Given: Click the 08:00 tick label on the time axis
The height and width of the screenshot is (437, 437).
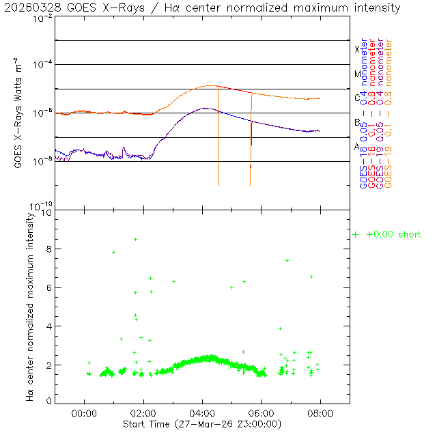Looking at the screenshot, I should coord(320,413).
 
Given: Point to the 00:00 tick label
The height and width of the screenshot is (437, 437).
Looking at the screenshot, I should coord(83,413).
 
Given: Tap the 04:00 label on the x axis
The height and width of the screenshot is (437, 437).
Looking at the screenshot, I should coord(202,413).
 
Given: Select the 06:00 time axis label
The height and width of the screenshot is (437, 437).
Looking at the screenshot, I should coord(262,413).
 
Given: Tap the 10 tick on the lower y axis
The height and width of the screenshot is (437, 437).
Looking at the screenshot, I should coord(47,213).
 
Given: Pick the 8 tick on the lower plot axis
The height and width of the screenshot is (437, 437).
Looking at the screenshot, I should coord(49,250).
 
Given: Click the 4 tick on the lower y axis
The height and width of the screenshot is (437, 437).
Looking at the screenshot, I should coord(49,327).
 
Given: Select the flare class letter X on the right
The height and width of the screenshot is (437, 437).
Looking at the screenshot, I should coord(357,49).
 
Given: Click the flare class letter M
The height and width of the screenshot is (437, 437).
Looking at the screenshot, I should coord(357,74).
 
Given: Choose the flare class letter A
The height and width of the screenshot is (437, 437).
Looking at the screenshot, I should coord(357,147).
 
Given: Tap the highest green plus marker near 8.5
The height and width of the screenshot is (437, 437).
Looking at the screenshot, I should coord(136,239).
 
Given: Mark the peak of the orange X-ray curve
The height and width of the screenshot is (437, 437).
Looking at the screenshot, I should coord(211,85).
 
